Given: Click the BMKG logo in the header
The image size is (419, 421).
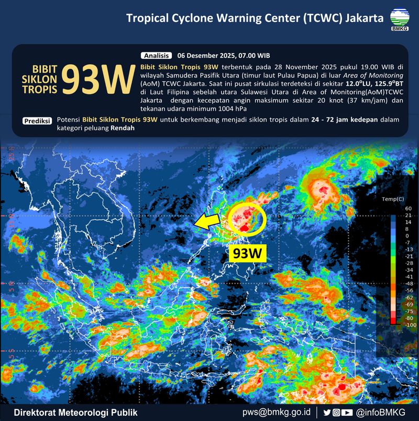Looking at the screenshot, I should coord(400,19).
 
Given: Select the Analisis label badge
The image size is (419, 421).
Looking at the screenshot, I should coord(156,55).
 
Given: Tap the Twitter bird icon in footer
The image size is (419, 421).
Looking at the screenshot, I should coord(327,412).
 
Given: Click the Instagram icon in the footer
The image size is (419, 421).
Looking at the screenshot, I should coord(336,412).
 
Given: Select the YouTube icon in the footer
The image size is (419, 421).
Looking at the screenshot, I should coord(346,412).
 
